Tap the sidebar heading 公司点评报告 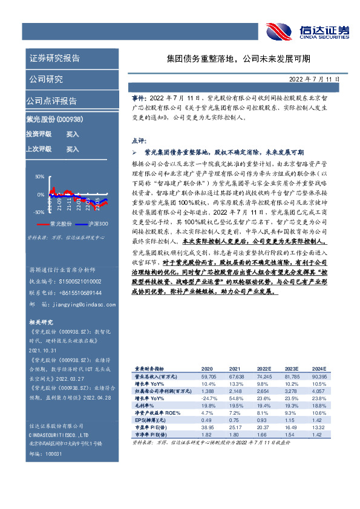pos(52,100)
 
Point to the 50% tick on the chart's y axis pos(40,177)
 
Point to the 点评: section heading pos(139,138)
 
